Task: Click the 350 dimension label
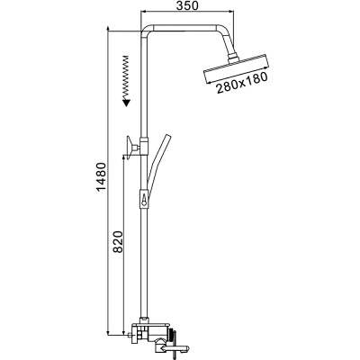tap(187, 6)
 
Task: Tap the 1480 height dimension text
tap(101, 178)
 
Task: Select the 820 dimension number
tap(118, 242)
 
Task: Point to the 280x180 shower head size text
tap(242, 83)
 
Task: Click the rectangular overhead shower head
tap(236, 68)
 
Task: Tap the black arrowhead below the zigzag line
tap(127, 103)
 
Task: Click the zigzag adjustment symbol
tap(126, 77)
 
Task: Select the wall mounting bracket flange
tap(130, 148)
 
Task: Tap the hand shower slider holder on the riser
tap(144, 198)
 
